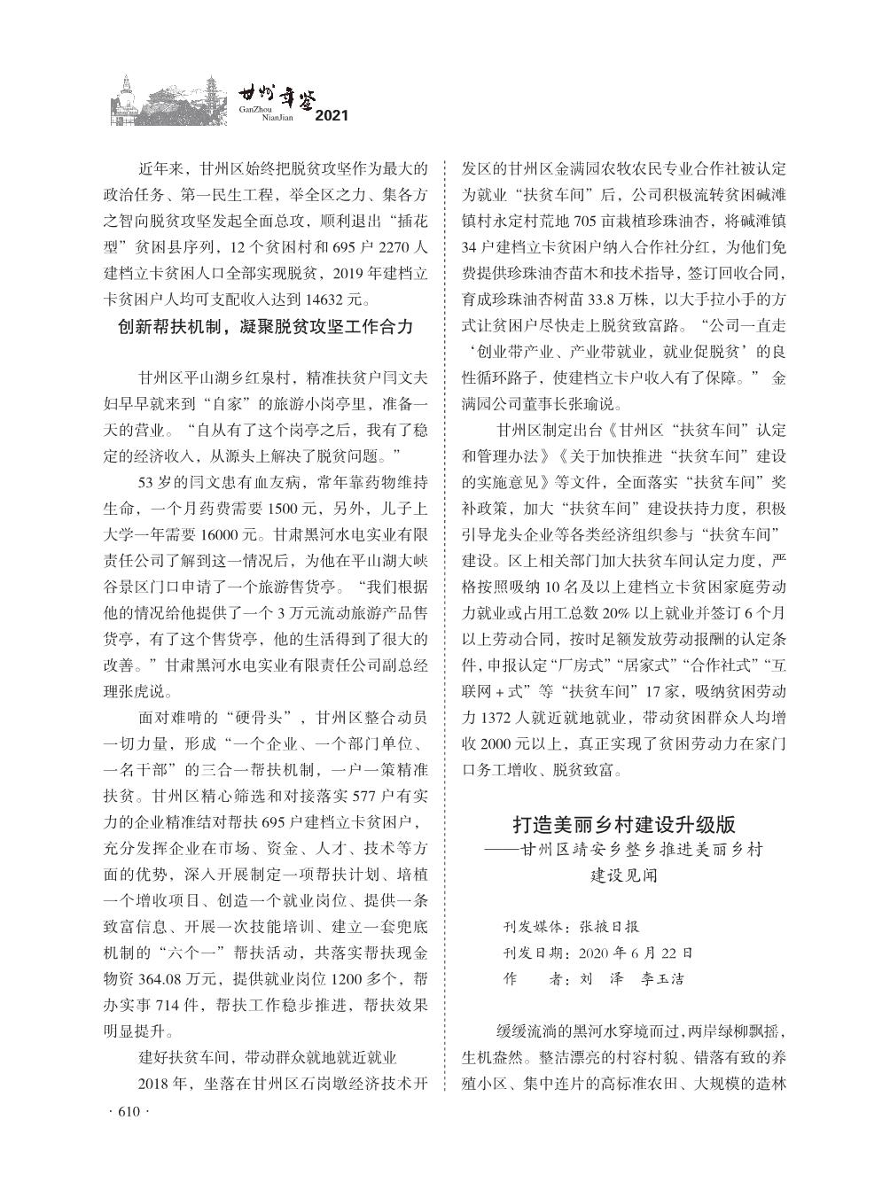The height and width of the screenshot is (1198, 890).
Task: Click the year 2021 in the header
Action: pyautogui.click(x=332, y=116)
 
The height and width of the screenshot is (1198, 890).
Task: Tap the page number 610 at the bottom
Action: pyautogui.click(x=129, y=1113)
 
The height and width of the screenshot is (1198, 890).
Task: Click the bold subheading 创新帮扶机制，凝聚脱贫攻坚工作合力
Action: pyautogui.click(x=266, y=327)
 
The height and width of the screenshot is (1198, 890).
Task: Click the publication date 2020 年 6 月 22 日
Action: pyautogui.click(x=636, y=953)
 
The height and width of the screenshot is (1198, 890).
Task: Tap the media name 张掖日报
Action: pyautogui.click(x=609, y=928)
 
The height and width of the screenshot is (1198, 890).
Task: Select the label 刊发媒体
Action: pyautogui.click(x=533, y=928)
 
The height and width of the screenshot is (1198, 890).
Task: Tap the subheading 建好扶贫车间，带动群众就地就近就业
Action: pyautogui.click(x=266, y=1057)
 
